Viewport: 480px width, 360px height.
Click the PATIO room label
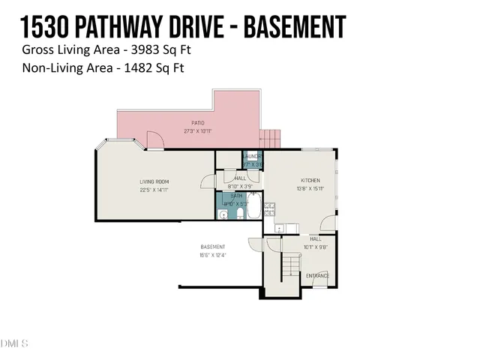[x=197, y=123]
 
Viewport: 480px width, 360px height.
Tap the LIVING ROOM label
[x=154, y=181]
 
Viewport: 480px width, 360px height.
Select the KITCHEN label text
[x=310, y=181]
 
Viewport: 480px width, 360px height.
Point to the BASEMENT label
[x=212, y=247]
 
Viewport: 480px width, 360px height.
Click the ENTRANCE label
[x=317, y=276]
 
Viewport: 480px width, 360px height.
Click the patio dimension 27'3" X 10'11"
[x=197, y=131]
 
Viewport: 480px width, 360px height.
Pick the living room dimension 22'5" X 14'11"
[x=154, y=190]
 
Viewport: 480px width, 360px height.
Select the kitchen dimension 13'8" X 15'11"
[x=310, y=189]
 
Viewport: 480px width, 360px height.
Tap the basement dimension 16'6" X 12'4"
[x=212, y=256]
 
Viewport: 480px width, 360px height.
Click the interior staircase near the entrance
[x=289, y=265]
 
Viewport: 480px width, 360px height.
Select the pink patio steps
[x=269, y=138]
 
